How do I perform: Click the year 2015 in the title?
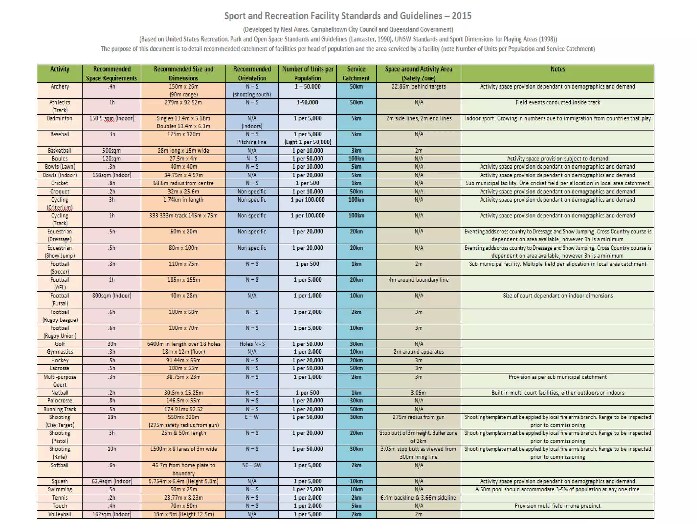pyautogui.click(x=461, y=16)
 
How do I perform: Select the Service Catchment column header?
pyautogui.click(x=356, y=74)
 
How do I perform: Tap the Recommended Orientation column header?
pyautogui.click(x=252, y=74)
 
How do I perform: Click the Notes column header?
pyautogui.click(x=557, y=69)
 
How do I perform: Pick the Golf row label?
pyautogui.click(x=60, y=344)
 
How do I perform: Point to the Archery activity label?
pyautogui.click(x=60, y=86)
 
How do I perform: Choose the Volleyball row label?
pyautogui.click(x=60, y=514)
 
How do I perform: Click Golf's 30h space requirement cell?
pyautogui.click(x=112, y=344)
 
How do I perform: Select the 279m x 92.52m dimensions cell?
pyautogui.click(x=183, y=102)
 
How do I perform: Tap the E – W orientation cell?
pyautogui.click(x=252, y=417)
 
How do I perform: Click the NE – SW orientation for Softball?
pyautogui.click(x=252, y=465)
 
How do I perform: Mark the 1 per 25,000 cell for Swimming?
pyautogui.click(x=308, y=489)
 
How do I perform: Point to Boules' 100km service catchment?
pyautogui.click(x=356, y=159)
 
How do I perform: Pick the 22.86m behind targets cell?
pyautogui.click(x=419, y=86)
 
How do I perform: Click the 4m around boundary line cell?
pyautogui.click(x=419, y=280)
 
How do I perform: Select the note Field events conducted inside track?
pyautogui.click(x=557, y=102)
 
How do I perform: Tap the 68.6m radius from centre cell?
pyautogui.click(x=183, y=183)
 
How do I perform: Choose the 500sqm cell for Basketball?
pyautogui.click(x=112, y=150)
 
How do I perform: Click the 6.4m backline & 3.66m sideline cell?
pyautogui.click(x=419, y=498)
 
